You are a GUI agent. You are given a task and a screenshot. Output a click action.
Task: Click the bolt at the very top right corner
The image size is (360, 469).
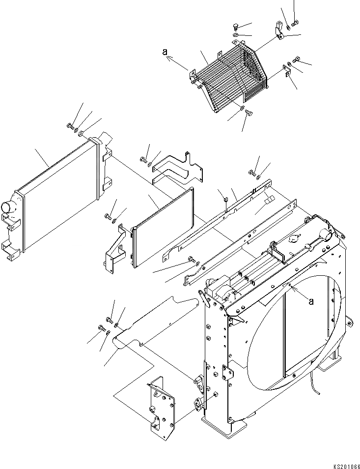(x=295, y=22)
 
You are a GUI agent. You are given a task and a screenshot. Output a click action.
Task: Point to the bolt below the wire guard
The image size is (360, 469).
(x=248, y=114)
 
